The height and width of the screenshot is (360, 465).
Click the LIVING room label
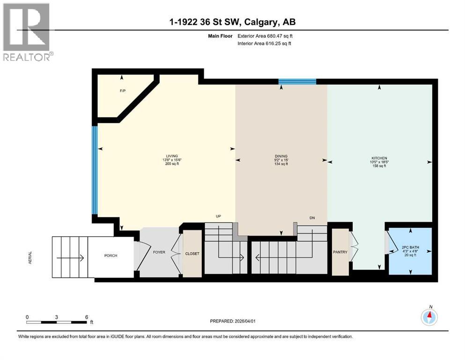[170, 156]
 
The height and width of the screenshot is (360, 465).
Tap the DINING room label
[281, 156]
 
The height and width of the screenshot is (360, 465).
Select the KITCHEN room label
[379, 158]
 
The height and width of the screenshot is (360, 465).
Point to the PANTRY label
[340, 252]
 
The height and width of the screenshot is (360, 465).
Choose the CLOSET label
[192, 254]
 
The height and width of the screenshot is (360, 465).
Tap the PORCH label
[111, 255]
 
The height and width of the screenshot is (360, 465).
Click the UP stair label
[218, 216]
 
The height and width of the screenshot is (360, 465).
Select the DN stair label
[312, 217]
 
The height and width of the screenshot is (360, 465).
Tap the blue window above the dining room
[297, 82]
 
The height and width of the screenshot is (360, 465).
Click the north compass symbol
[429, 317]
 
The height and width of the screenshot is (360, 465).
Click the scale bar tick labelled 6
[87, 317]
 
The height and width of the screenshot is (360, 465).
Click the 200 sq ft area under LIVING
[170, 165]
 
